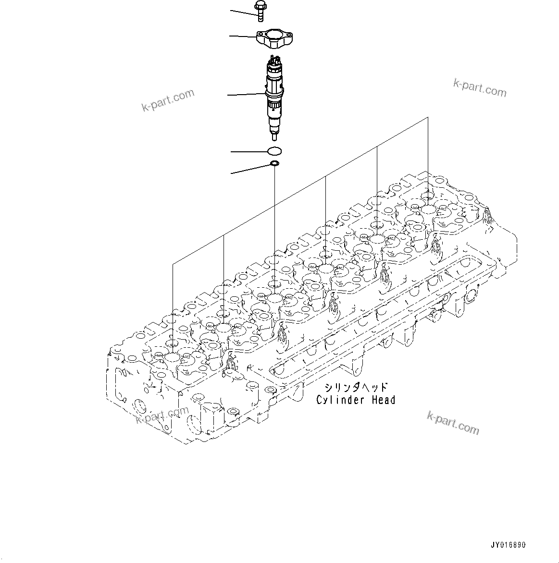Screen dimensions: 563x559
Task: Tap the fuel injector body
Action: tap(273, 96)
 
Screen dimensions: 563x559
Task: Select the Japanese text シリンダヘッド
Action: tap(356, 387)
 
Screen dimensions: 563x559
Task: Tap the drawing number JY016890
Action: tap(508, 545)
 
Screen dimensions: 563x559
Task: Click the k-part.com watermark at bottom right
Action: tap(453, 423)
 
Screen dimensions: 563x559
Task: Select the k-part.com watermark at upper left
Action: tap(168, 100)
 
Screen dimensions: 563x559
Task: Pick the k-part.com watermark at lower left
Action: tap(162, 416)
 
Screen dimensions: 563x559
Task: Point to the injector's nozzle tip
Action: tap(274, 135)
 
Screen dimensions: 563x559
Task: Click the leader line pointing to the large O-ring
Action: tap(249, 152)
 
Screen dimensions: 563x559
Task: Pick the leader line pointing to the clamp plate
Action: tap(243, 36)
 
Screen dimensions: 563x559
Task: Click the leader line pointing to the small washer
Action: tap(250, 169)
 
